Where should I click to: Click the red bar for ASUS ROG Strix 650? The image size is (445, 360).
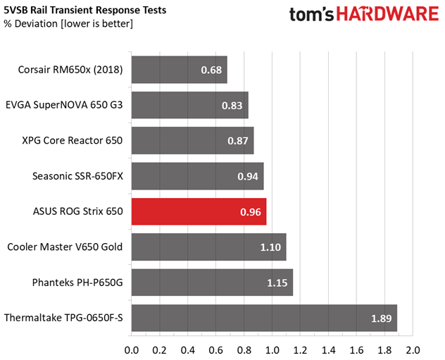(x=199, y=211)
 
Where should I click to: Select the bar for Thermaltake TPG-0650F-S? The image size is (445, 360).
(x=264, y=318)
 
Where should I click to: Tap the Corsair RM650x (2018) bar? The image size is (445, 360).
(x=179, y=70)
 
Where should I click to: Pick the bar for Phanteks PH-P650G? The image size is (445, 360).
(x=211, y=283)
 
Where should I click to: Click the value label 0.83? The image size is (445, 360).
(x=232, y=106)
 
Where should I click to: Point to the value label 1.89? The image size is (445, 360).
(x=382, y=318)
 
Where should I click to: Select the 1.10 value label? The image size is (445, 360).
(x=270, y=247)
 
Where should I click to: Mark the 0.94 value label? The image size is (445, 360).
(x=248, y=176)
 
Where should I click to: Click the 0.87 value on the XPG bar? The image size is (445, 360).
(x=238, y=141)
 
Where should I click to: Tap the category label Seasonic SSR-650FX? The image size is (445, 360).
(x=77, y=176)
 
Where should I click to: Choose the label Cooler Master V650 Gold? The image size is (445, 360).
(x=65, y=247)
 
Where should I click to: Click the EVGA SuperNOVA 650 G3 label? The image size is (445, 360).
(x=64, y=106)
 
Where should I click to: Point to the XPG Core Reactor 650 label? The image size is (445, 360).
(x=73, y=141)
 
